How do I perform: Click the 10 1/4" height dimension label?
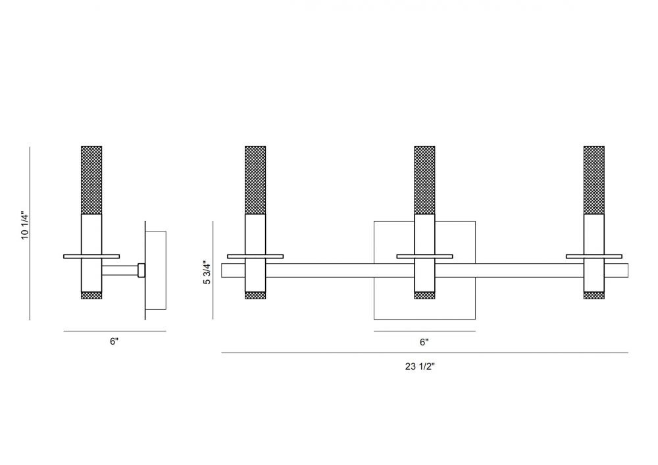(x=25, y=226)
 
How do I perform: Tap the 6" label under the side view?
(x=114, y=341)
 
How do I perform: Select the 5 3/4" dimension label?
(x=207, y=273)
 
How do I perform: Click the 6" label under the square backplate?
(x=424, y=342)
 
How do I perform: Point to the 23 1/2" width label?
(x=420, y=366)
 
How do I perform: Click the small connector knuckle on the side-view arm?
(x=141, y=270)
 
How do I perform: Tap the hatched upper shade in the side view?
(x=91, y=180)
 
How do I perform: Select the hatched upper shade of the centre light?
(x=424, y=180)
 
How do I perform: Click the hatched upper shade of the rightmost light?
(x=594, y=180)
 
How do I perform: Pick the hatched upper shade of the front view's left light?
(x=255, y=180)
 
